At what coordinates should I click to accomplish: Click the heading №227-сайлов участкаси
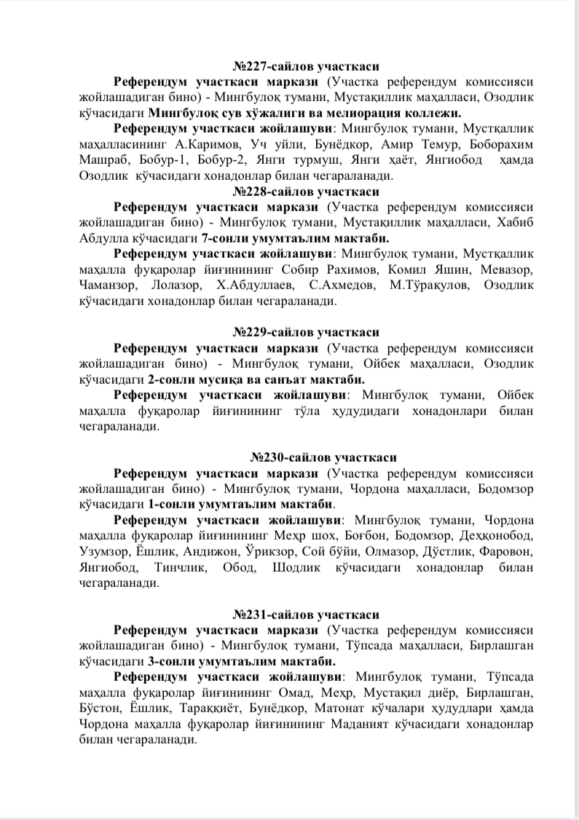(x=306, y=66)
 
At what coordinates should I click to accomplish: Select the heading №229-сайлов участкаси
(x=306, y=332)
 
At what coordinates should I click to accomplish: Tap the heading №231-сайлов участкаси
(x=306, y=615)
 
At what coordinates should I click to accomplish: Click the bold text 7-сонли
(x=221, y=239)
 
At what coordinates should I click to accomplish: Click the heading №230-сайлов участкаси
(x=323, y=457)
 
